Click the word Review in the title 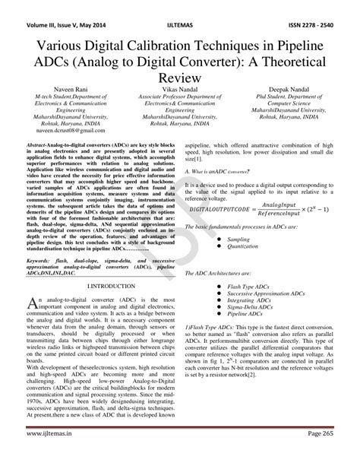click(179, 77)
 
